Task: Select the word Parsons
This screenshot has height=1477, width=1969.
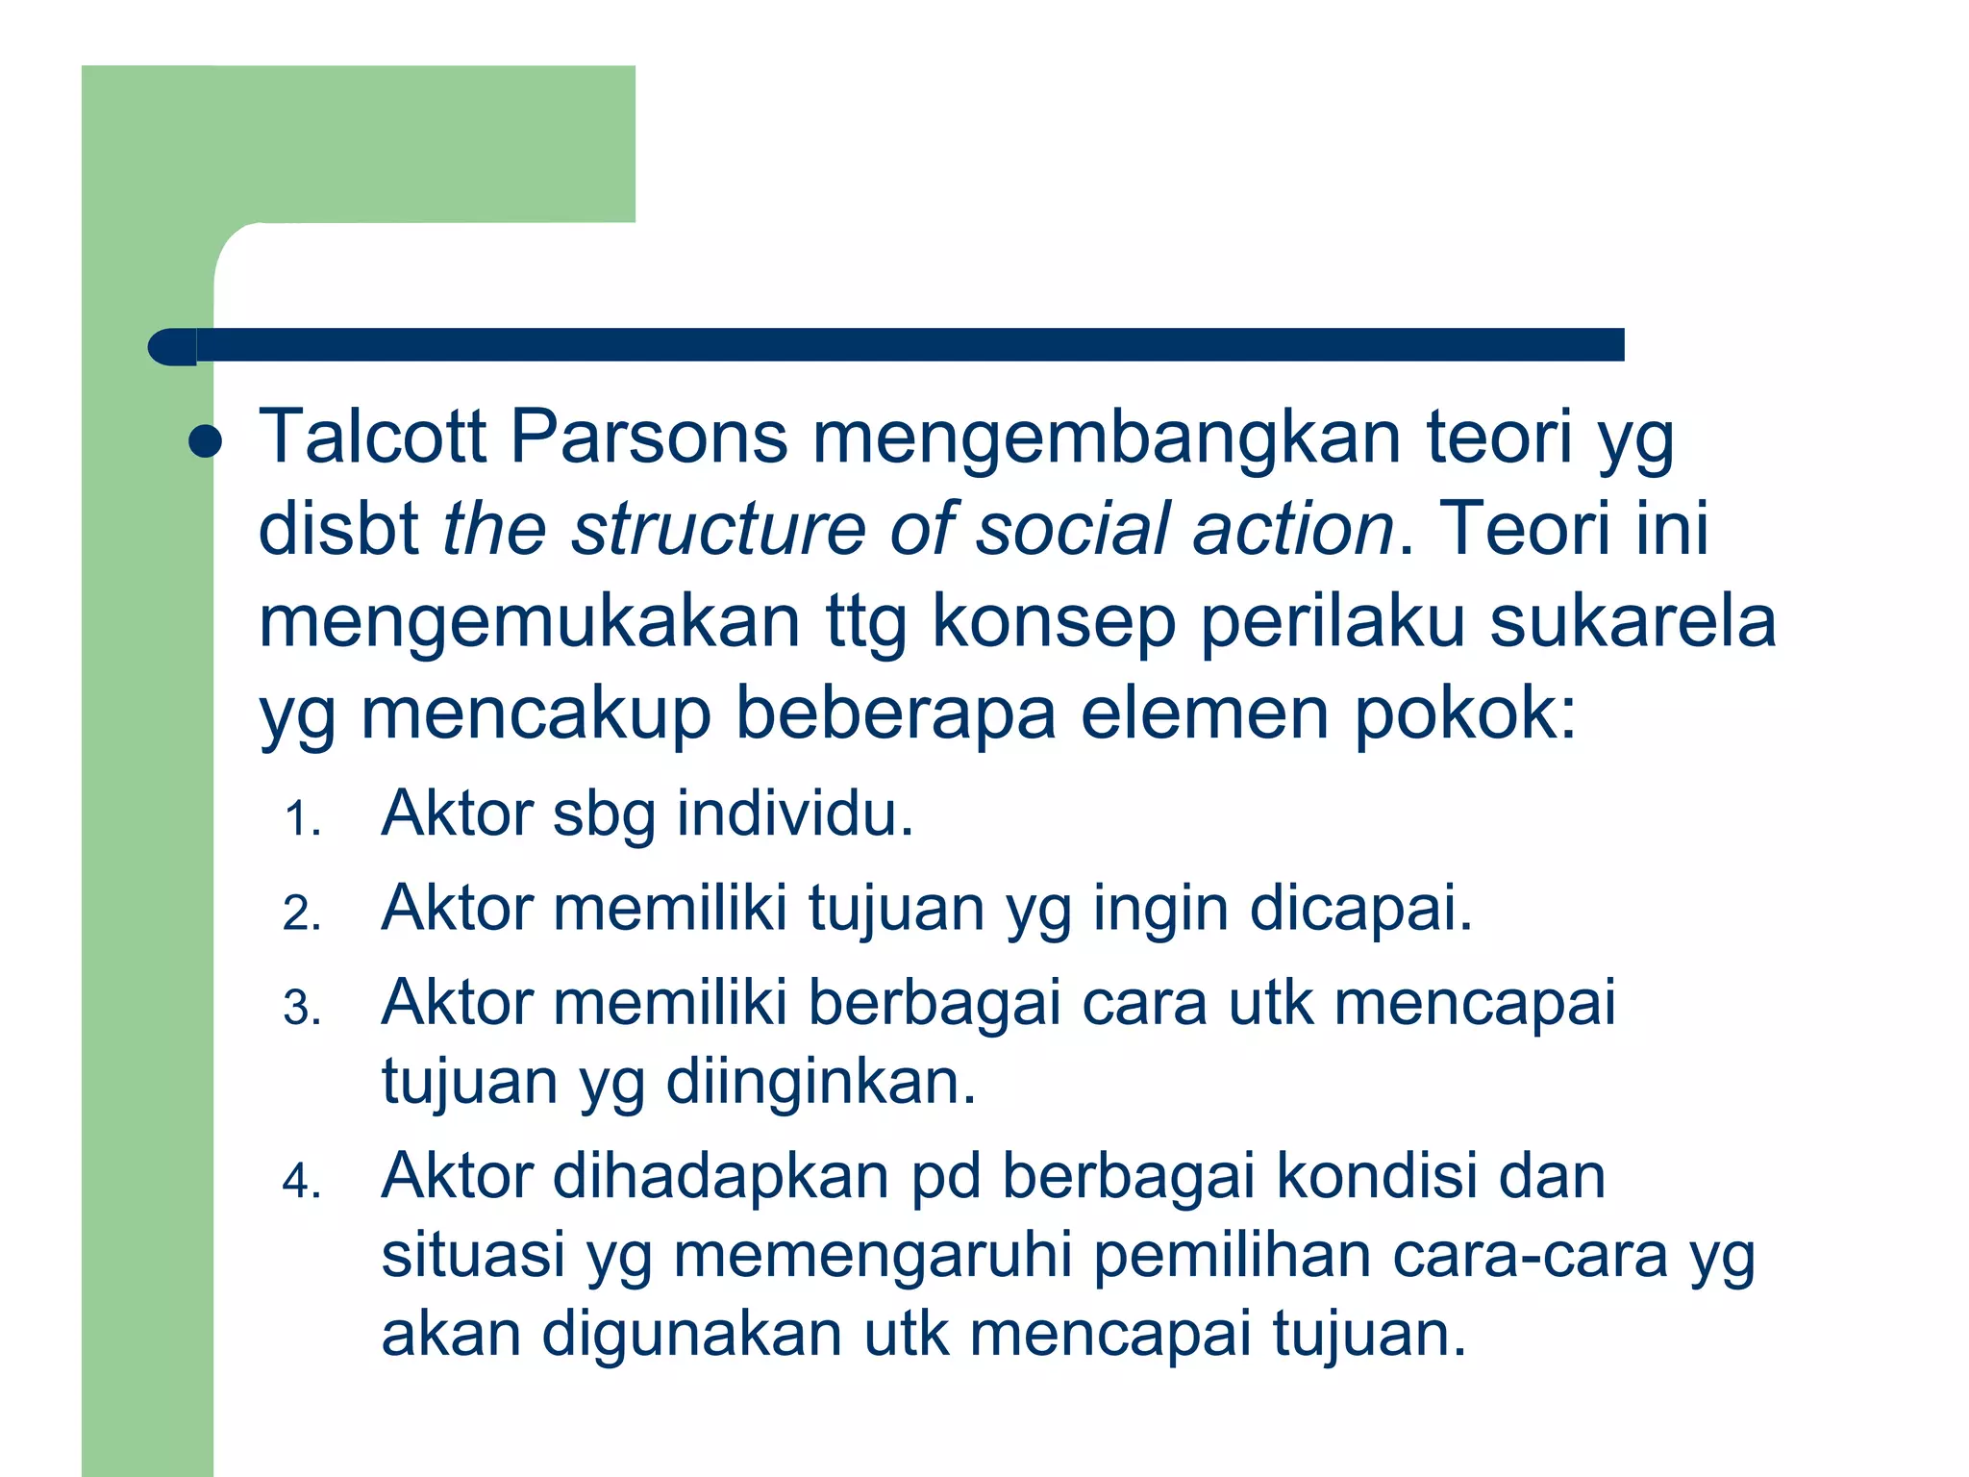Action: click(x=648, y=438)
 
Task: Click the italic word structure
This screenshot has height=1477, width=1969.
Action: click(x=716, y=529)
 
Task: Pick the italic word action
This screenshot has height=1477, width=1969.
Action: click(x=1293, y=529)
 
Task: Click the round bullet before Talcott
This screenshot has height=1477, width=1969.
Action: click(x=206, y=443)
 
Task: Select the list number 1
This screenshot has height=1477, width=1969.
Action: click(x=300, y=819)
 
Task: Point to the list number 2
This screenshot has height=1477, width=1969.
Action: click(x=300, y=914)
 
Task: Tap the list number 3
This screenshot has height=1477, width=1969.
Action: click(x=300, y=1008)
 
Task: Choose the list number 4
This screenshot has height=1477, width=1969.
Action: click(x=300, y=1181)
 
